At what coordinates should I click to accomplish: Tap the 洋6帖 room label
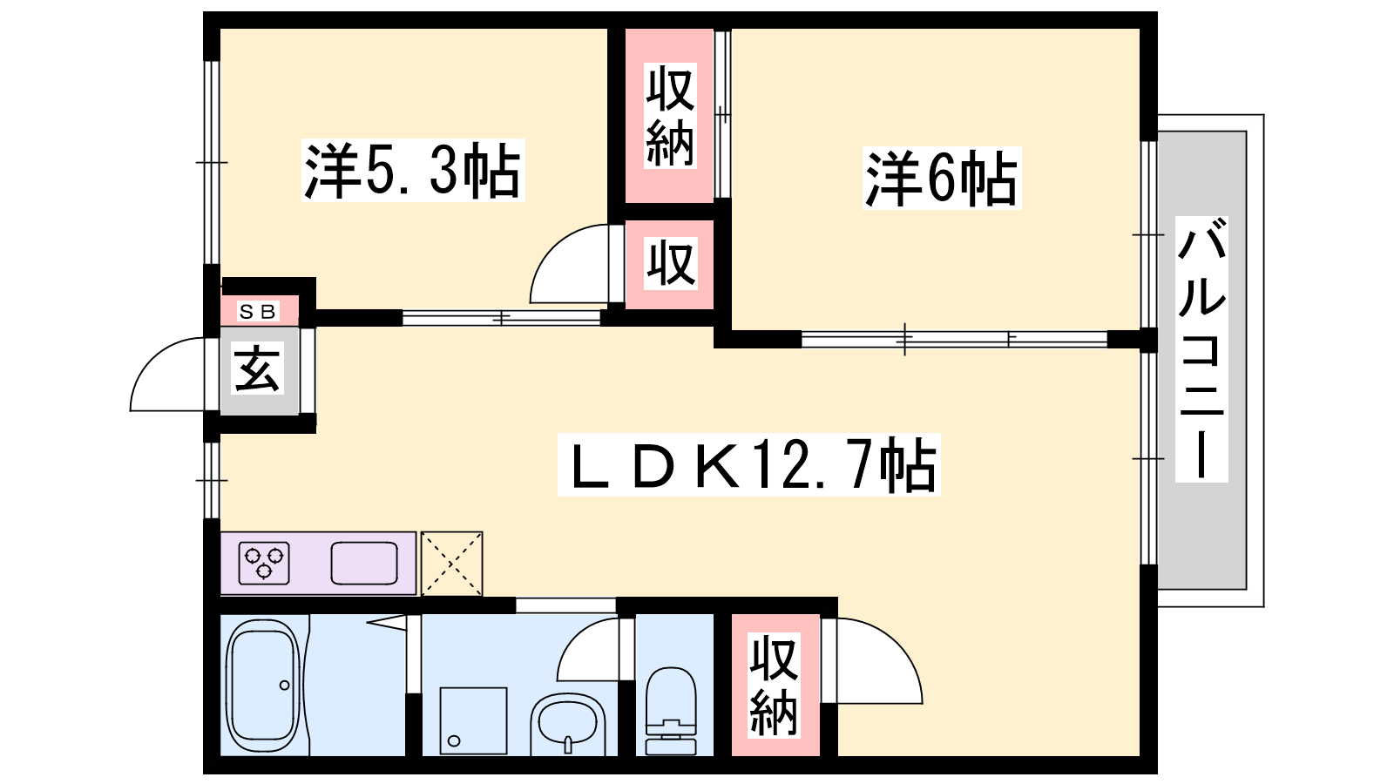(941, 179)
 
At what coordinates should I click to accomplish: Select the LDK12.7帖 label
(749, 465)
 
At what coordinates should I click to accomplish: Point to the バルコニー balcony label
(1201, 349)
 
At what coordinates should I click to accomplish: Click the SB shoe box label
(258, 311)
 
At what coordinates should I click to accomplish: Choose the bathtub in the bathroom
(261, 686)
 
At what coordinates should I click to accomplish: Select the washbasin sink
(567, 723)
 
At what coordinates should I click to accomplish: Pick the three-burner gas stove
(264, 562)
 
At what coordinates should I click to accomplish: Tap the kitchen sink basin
(364, 563)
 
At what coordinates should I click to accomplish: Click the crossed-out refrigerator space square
(451, 563)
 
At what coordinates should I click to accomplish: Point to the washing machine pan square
(473, 720)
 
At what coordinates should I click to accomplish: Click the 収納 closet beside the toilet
(775, 685)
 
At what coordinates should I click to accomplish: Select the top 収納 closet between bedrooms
(670, 117)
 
